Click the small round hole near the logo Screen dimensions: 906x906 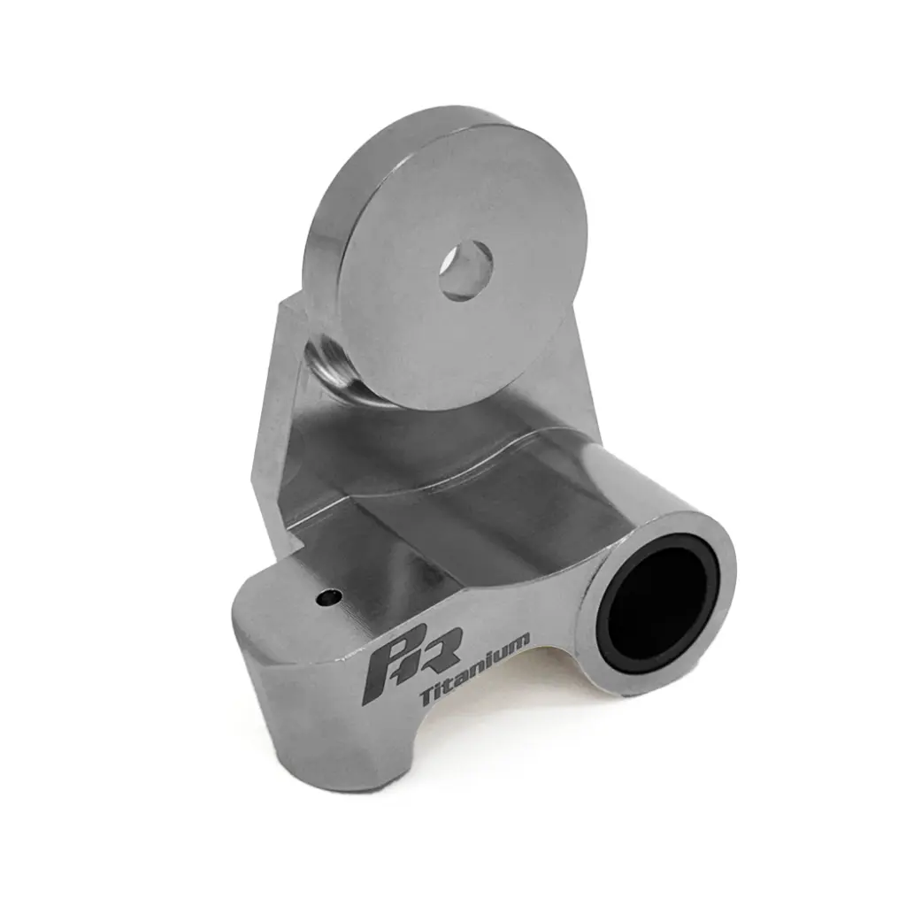point(328,598)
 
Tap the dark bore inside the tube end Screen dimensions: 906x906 point(659,610)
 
